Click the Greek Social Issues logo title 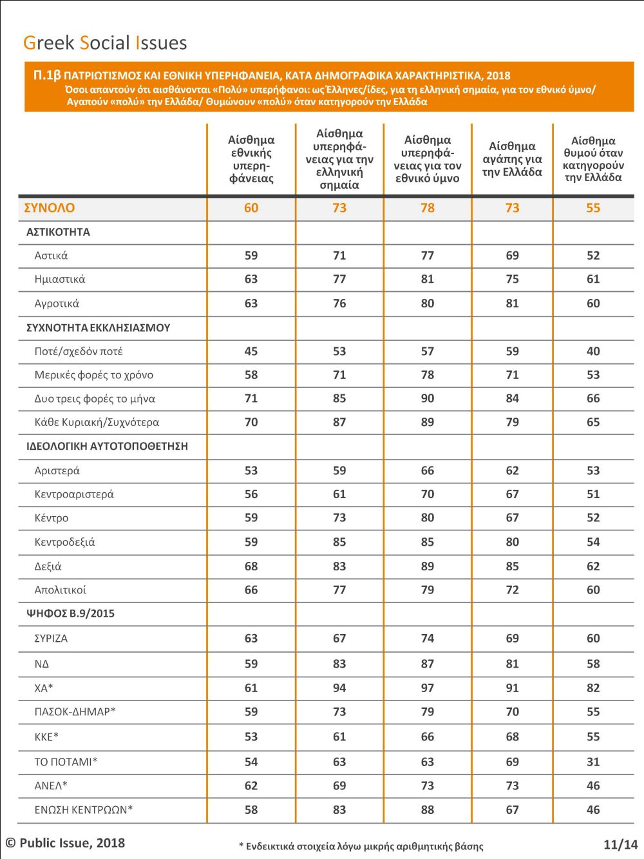pyautogui.click(x=105, y=43)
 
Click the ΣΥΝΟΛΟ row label pyautogui.click(x=50, y=208)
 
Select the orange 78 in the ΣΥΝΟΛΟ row pyautogui.click(x=428, y=208)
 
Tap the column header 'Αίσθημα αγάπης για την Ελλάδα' pyautogui.click(x=512, y=159)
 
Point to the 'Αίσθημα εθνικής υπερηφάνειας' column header pyautogui.click(x=251, y=159)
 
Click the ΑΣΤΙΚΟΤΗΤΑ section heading pyautogui.click(x=58, y=232)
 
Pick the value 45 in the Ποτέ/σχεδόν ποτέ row pyautogui.click(x=251, y=351)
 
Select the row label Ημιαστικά pyautogui.click(x=59, y=280)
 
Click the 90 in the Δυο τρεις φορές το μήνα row pyautogui.click(x=428, y=398)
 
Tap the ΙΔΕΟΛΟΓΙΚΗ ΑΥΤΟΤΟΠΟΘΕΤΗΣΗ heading pyautogui.click(x=107, y=447)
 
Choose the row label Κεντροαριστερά pyautogui.click(x=74, y=494)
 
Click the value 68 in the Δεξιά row pyautogui.click(x=251, y=566)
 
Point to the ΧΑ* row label pyautogui.click(x=43, y=688)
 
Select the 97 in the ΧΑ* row pyautogui.click(x=428, y=688)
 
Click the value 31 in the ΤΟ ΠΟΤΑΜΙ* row pyautogui.click(x=593, y=762)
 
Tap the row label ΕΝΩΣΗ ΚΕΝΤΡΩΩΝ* pyautogui.click(x=84, y=809)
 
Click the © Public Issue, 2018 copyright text pyautogui.click(x=65, y=843)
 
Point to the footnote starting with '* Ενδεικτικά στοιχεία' pyautogui.click(x=361, y=846)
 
